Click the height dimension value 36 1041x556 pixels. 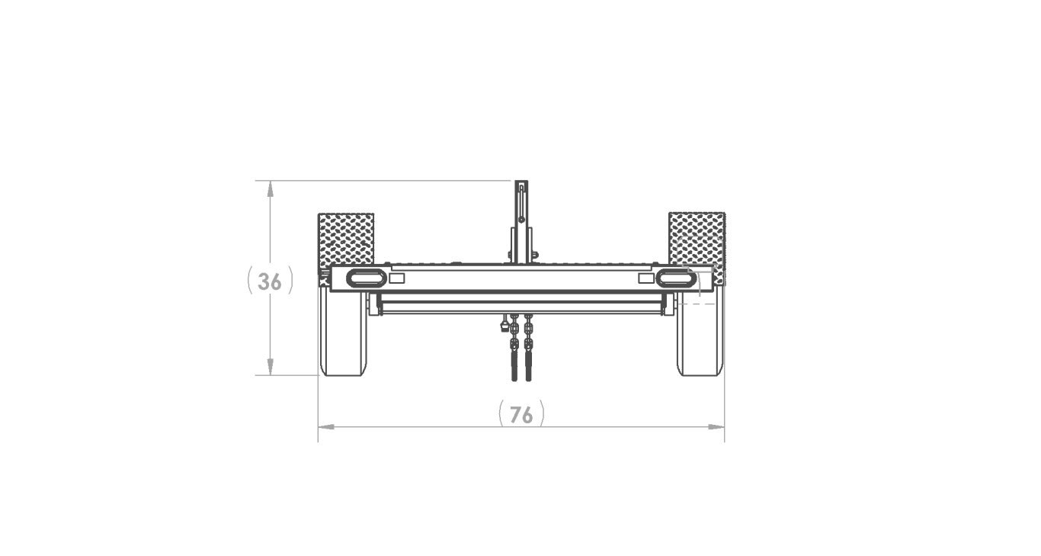(x=270, y=281)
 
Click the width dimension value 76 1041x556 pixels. (x=521, y=415)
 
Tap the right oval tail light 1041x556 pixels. (x=676, y=278)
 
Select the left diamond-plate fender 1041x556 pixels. (x=346, y=237)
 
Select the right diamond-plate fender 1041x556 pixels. (x=696, y=237)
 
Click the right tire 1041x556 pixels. (x=700, y=339)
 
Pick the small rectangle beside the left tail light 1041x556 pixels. (x=396, y=278)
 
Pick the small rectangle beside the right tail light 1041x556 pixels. (x=645, y=278)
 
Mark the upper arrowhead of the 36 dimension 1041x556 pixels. (x=270, y=188)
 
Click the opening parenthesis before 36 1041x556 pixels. (x=251, y=281)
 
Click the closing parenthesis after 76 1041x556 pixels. (x=541, y=415)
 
